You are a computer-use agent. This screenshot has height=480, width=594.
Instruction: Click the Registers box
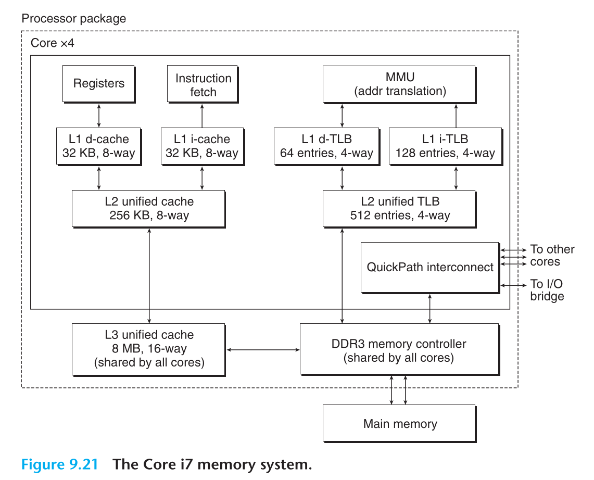pyautogui.click(x=98, y=83)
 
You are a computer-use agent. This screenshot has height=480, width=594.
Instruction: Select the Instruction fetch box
pyautogui.click(x=203, y=85)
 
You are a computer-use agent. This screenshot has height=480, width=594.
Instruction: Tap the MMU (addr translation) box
pyautogui.click(x=399, y=84)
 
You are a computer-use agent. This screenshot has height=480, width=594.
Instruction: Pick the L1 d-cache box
pyautogui.click(x=99, y=146)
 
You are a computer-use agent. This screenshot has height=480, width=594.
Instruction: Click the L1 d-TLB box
pyautogui.click(x=326, y=146)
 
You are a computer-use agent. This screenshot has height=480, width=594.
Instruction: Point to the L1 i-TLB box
pyautogui.click(x=445, y=146)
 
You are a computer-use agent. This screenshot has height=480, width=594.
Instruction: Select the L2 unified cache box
pyautogui.click(x=149, y=208)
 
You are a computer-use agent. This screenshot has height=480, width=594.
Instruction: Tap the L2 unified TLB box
pyautogui.click(x=399, y=208)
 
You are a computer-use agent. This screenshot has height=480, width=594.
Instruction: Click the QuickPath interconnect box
pyautogui.click(x=430, y=267)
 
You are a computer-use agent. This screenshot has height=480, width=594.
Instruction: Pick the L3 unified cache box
pyautogui.click(x=149, y=349)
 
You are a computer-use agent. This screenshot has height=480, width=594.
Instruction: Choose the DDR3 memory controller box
pyautogui.click(x=399, y=350)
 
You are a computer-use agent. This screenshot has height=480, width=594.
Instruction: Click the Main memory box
pyautogui.click(x=399, y=424)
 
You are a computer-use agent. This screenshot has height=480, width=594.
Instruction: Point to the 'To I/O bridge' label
pyautogui.click(x=547, y=290)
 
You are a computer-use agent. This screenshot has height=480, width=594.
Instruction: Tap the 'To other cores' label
pyautogui.click(x=552, y=255)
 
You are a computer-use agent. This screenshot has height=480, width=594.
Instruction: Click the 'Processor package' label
pyautogui.click(x=73, y=19)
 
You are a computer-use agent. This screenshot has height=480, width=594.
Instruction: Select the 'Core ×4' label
pyautogui.click(x=53, y=43)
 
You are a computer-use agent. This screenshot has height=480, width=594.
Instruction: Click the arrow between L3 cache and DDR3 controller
pyautogui.click(x=263, y=350)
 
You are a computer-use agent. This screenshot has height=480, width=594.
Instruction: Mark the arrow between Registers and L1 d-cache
pyautogui.click(x=98, y=115)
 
